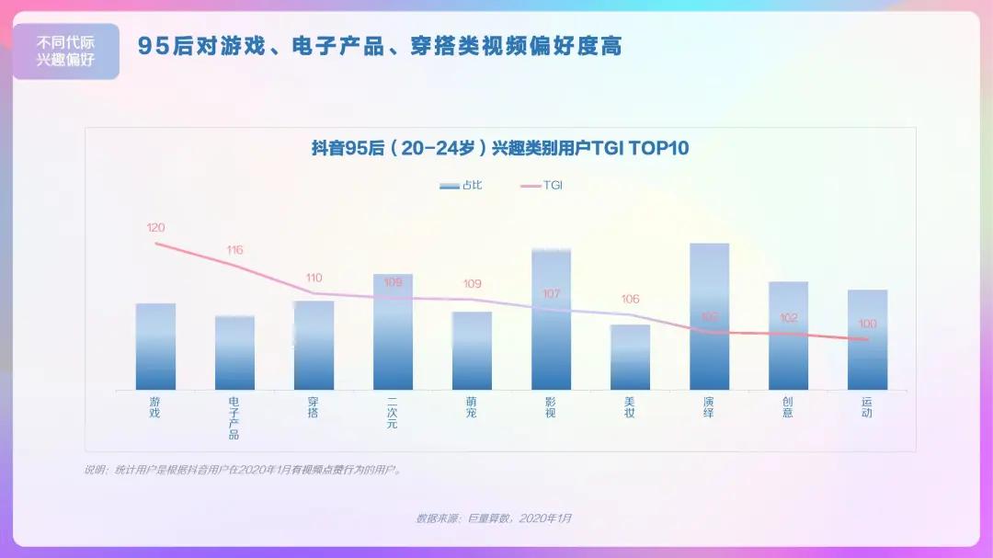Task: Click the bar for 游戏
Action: (x=155, y=347)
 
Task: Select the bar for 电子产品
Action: (x=234, y=353)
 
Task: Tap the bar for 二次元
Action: (x=393, y=332)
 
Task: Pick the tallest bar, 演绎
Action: (x=709, y=316)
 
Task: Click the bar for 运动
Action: (x=867, y=339)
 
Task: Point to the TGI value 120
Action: (x=155, y=227)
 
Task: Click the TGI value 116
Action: (x=234, y=250)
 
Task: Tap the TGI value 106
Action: (x=630, y=300)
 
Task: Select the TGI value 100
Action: (x=867, y=324)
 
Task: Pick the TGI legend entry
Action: (x=542, y=186)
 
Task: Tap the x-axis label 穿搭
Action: (x=314, y=407)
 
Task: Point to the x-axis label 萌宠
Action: (x=472, y=407)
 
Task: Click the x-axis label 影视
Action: (x=551, y=407)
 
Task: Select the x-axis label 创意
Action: (x=788, y=407)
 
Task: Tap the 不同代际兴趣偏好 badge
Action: (x=65, y=51)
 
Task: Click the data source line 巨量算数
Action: (x=494, y=518)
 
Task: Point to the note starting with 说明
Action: (x=243, y=470)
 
